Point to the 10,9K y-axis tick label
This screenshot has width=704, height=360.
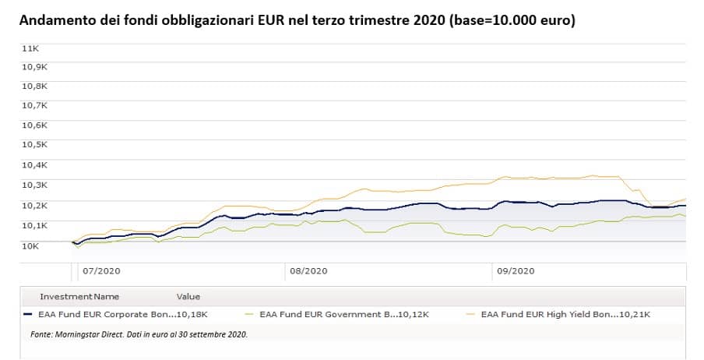[x=33, y=67]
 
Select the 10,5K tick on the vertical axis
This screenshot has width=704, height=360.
[x=33, y=145]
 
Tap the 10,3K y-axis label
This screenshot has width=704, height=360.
[x=33, y=185]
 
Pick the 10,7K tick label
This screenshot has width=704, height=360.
[x=33, y=105]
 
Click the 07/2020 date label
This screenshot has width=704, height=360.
[x=100, y=272]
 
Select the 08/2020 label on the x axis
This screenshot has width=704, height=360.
[x=308, y=272]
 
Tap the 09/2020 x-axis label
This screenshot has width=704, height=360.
[x=516, y=272]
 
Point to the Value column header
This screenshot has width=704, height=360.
[x=188, y=297]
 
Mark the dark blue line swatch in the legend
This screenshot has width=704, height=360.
[x=27, y=315]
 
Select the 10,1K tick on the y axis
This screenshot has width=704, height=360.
[x=33, y=225]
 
